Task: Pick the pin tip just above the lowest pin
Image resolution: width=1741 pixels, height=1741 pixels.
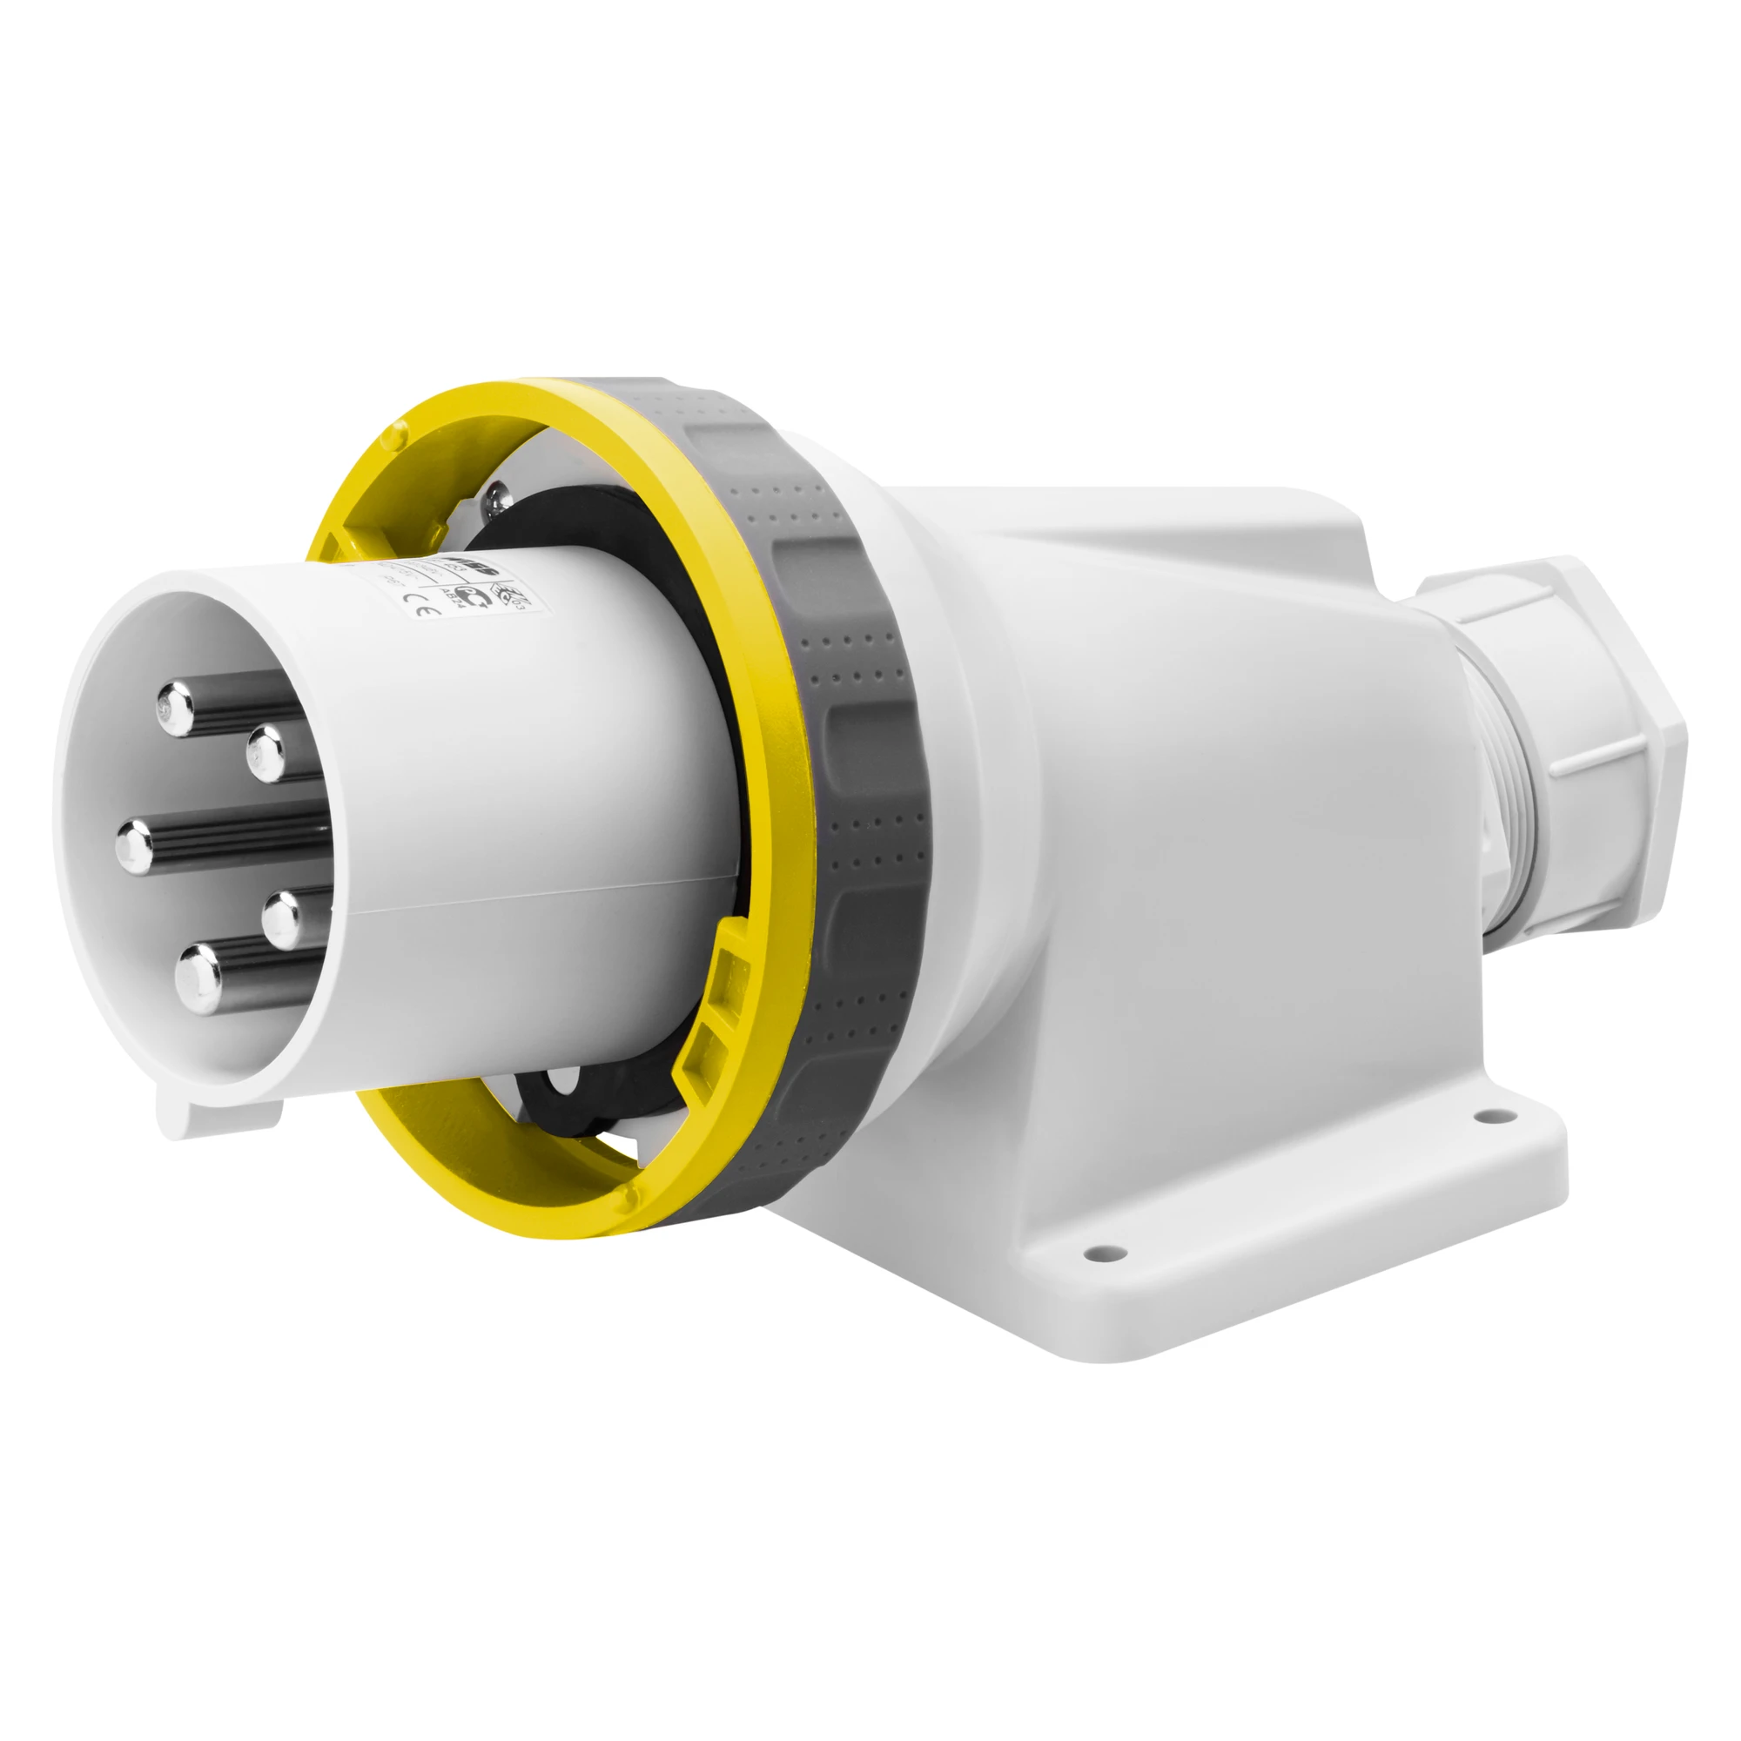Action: point(283,916)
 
